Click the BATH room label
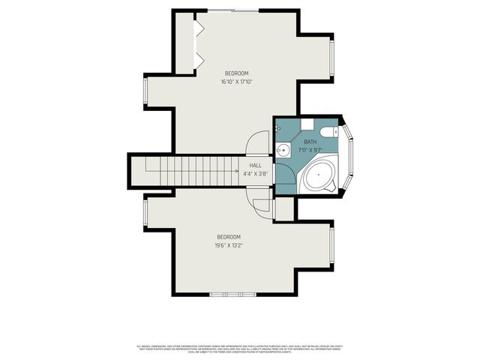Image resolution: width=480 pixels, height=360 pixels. tap(310, 142)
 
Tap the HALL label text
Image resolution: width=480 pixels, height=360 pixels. tap(256, 165)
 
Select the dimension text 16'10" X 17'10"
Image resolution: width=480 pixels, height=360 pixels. tap(236, 82)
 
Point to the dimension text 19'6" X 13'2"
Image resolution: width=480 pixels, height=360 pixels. tap(229, 244)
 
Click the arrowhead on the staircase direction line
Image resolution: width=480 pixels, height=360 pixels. tap(236, 172)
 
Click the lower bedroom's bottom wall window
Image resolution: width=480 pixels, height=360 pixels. tap(226, 293)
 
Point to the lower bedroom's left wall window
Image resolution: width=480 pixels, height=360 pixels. tap(145, 214)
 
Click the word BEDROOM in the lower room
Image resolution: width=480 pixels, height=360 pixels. tap(229, 237)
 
